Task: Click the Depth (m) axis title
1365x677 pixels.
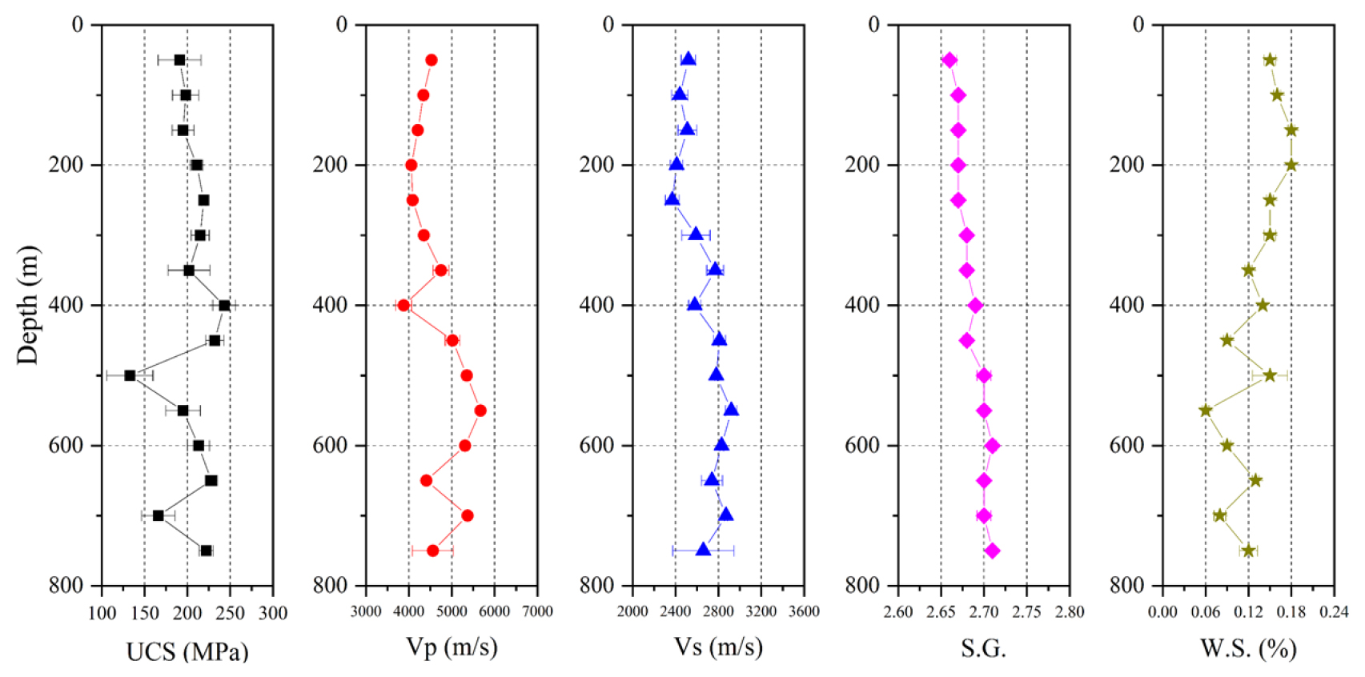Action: point(27,305)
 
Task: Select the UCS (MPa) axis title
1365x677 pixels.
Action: point(187,651)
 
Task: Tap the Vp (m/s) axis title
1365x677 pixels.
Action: point(452,647)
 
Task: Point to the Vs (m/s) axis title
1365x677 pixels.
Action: point(718,647)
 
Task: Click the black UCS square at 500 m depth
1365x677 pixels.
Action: point(130,375)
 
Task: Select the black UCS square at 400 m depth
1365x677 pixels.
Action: point(224,305)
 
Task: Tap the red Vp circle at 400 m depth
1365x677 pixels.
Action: point(403,305)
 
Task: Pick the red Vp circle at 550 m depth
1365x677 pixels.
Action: point(480,411)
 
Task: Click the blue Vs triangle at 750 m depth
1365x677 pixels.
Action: point(703,550)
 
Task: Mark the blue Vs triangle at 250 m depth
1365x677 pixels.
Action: point(672,199)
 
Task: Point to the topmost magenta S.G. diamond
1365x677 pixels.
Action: point(949,60)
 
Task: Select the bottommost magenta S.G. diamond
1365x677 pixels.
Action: point(992,551)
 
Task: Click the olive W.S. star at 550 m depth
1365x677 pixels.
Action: point(1206,411)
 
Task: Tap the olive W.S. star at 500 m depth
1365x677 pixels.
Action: point(1270,375)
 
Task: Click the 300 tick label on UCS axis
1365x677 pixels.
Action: point(273,613)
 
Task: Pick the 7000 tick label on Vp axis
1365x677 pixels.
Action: point(537,612)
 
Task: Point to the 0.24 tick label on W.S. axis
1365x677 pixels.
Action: point(1334,612)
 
